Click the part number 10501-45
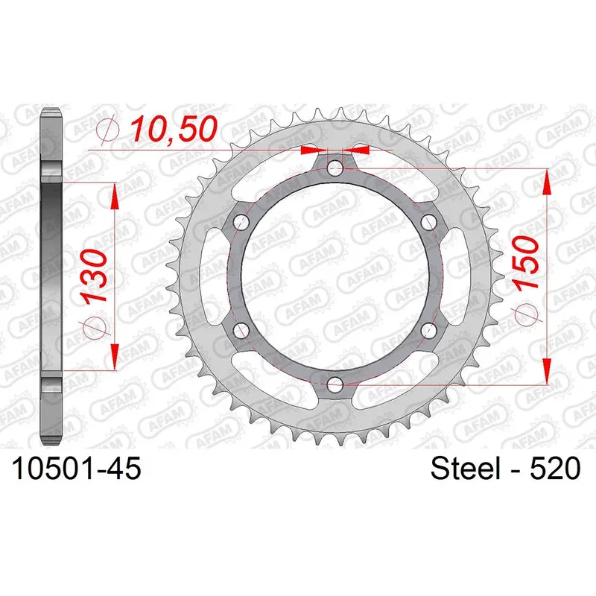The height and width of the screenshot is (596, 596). click(x=77, y=469)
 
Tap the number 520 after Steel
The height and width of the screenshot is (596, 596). click(x=555, y=469)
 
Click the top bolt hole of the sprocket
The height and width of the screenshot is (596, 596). click(x=335, y=168)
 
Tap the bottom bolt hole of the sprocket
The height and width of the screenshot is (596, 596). click(x=335, y=385)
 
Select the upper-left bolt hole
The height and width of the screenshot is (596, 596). click(x=241, y=222)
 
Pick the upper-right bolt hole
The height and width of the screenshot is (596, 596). click(x=429, y=222)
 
